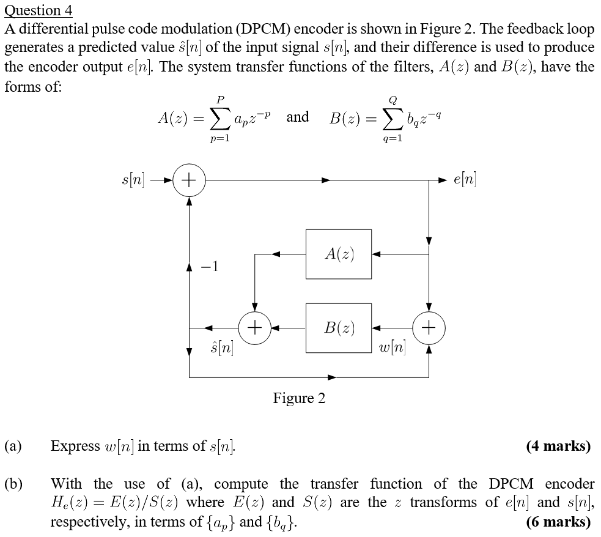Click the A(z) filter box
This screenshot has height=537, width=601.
coord(338,254)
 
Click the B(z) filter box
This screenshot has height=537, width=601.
coord(338,328)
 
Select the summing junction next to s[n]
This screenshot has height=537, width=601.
coord(190,180)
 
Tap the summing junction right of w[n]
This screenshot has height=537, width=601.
coord(429,328)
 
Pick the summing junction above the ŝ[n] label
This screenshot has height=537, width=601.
coord(254,328)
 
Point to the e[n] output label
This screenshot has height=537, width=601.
coord(465,180)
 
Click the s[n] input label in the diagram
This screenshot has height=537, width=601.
coord(133,180)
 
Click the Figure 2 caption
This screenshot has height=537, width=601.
coord(299,399)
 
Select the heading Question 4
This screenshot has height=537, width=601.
coord(38,10)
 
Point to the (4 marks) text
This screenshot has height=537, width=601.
coord(558,446)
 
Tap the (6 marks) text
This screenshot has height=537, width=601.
coord(558,522)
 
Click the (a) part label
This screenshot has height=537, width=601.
coord(13,446)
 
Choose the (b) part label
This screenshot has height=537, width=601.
coord(13,484)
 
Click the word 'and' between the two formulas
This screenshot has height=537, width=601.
coord(298,116)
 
